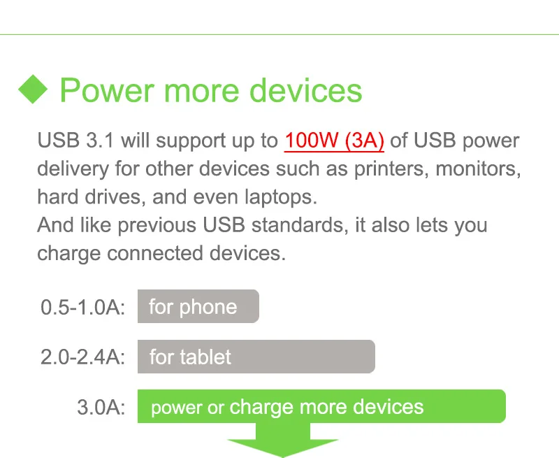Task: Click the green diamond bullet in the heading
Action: pyautogui.click(x=32, y=90)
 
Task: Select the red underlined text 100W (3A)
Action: pyautogui.click(x=334, y=141)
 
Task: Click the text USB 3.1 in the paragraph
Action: pyautogui.click(x=76, y=141)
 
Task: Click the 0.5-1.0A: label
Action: pyautogui.click(x=82, y=307)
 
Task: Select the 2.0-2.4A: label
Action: pyautogui.click(x=82, y=357)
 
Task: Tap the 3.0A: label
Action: pyautogui.click(x=101, y=408)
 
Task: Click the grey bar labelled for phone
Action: pyautogui.click(x=198, y=307)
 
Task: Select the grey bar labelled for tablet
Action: pyautogui.click(x=256, y=357)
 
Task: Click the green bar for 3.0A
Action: pyautogui.click(x=321, y=407)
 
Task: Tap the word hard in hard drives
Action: pyautogui.click(x=57, y=196)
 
